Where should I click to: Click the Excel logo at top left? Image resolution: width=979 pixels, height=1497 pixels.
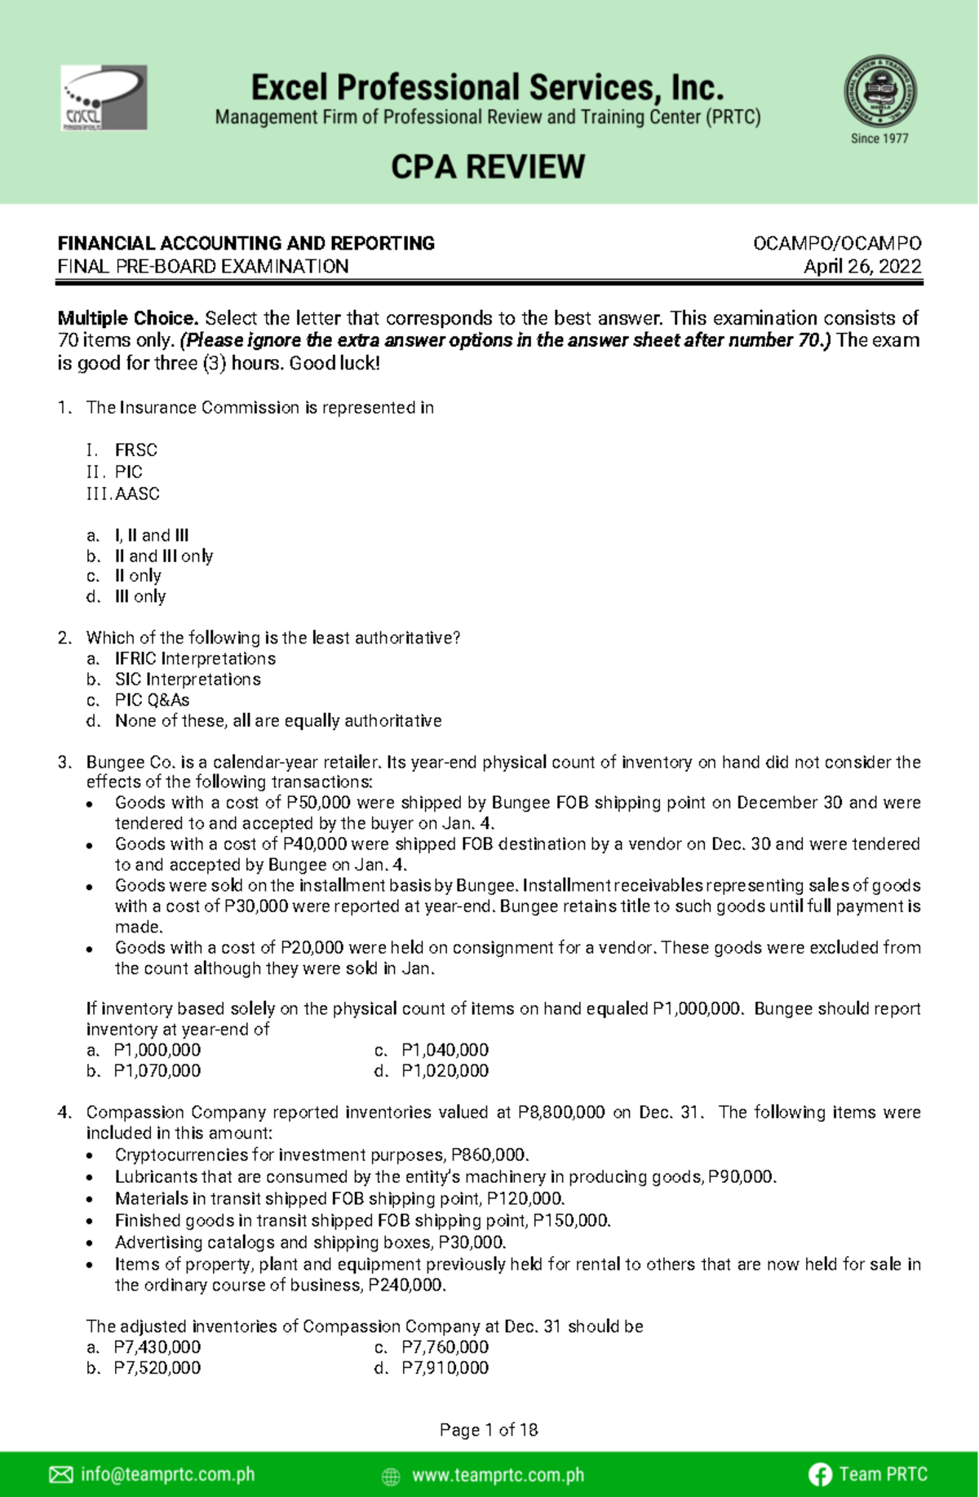[x=104, y=98]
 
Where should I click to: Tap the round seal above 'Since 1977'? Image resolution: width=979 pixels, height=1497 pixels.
[x=879, y=91]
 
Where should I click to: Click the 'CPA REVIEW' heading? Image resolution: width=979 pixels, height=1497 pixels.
[x=488, y=167]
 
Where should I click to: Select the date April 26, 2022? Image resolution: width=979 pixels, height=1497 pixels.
[x=862, y=267]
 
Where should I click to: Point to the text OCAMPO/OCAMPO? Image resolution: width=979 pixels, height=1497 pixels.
[x=837, y=243]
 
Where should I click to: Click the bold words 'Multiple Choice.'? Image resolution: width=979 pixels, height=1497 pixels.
[x=128, y=318]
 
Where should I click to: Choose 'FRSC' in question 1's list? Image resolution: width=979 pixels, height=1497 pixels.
[x=136, y=450]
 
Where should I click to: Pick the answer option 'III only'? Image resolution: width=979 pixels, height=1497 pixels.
[x=140, y=596]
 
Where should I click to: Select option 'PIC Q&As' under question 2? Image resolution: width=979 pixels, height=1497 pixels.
[x=152, y=700]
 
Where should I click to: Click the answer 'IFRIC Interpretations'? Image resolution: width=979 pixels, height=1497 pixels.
[x=195, y=658]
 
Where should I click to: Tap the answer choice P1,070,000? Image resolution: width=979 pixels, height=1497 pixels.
[x=157, y=1071]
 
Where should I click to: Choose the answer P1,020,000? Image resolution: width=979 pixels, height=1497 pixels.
[x=445, y=1071]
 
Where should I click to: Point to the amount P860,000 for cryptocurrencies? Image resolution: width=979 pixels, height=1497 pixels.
[x=489, y=1155]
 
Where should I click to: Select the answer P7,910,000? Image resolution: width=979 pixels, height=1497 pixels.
[x=445, y=1368]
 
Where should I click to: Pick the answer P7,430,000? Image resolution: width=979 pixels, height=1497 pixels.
[x=157, y=1348]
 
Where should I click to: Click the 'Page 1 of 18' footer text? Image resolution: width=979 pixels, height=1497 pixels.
[x=489, y=1429]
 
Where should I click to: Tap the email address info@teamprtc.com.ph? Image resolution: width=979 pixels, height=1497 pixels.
[x=167, y=1474]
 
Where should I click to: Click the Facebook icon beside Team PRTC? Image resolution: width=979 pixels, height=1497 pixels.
[x=820, y=1474]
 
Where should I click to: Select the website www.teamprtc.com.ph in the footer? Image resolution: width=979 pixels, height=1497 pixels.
[x=498, y=1475]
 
